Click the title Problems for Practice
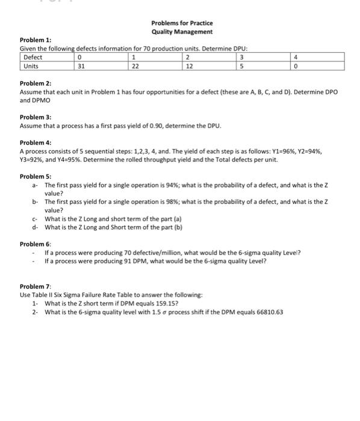tap(182, 23)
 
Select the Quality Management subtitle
tap(182, 31)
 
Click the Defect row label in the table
tap(33, 57)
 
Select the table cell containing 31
tap(82, 66)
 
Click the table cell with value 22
tap(135, 66)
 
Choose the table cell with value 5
tap(242, 66)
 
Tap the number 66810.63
tap(268, 312)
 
